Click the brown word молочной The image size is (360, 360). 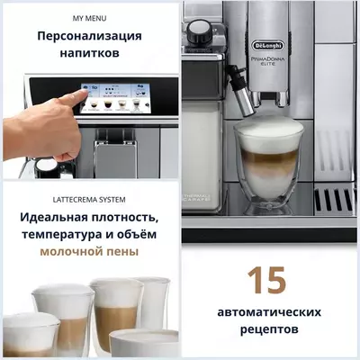point(73,254)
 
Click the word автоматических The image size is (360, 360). point(270,312)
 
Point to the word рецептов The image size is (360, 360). point(270,330)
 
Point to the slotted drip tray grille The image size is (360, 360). point(334,199)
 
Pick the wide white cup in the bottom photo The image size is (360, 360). point(144,343)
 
